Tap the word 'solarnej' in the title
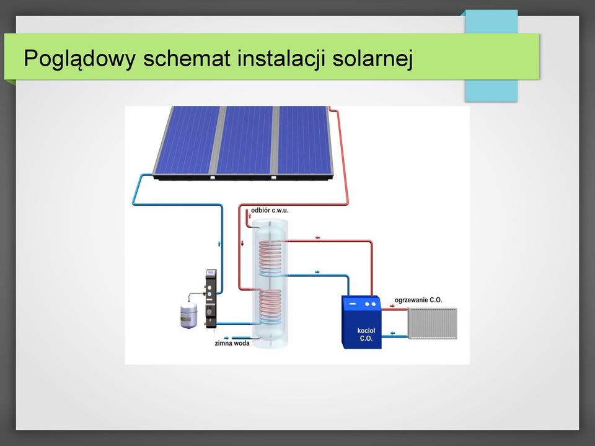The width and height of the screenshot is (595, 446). pos(372,58)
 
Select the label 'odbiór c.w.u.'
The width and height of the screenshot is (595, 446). pos(270,210)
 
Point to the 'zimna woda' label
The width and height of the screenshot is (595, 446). pos(232,343)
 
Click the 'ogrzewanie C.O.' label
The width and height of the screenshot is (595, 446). pos(418,300)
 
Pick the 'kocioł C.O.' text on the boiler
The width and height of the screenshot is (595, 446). pos(366,334)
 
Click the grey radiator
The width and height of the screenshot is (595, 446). pos(432,323)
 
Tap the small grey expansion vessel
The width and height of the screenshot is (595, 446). pos(188,315)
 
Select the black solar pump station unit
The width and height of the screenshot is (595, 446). pos(211,299)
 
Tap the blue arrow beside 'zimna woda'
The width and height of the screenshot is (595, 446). pos(227,338)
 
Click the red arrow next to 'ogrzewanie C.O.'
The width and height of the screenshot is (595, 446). pos(392,305)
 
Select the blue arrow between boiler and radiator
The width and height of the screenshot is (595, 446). pos(392,333)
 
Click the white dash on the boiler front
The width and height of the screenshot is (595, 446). pos(353,304)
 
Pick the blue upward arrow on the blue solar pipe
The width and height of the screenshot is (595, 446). pos(219,243)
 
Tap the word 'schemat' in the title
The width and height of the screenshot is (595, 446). pos(187,58)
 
